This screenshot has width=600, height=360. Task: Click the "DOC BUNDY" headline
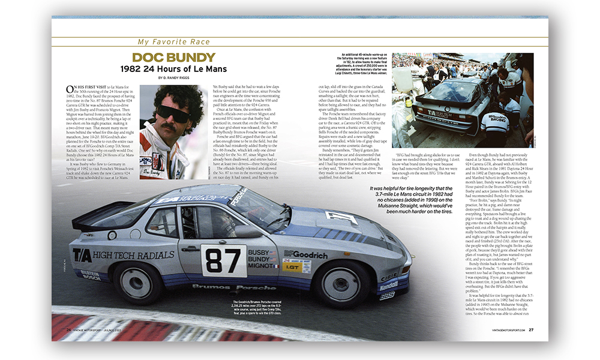(x=174, y=58)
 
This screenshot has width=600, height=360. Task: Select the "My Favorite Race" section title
(x=174, y=42)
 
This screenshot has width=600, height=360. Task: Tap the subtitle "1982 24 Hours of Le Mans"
(x=174, y=69)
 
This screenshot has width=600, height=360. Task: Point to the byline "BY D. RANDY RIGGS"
(x=174, y=79)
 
